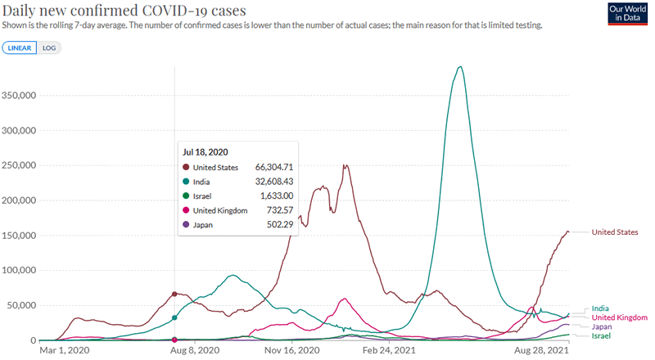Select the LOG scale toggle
point(49,47)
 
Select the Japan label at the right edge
point(602,326)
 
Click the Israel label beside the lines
point(602,336)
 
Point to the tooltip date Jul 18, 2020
point(206,151)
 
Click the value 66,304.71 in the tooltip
point(267,168)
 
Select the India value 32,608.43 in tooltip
point(267,182)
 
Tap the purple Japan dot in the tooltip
point(186,224)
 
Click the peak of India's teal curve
point(461,66)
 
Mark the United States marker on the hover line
point(174,294)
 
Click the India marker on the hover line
point(174,317)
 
